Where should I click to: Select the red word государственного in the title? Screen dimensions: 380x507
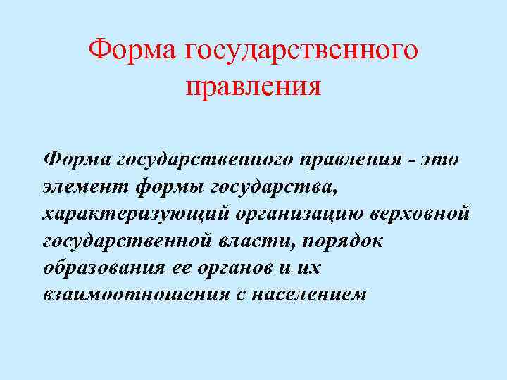click(x=301, y=51)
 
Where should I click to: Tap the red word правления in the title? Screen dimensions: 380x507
click(x=254, y=88)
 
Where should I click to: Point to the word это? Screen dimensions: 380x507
click(x=440, y=160)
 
